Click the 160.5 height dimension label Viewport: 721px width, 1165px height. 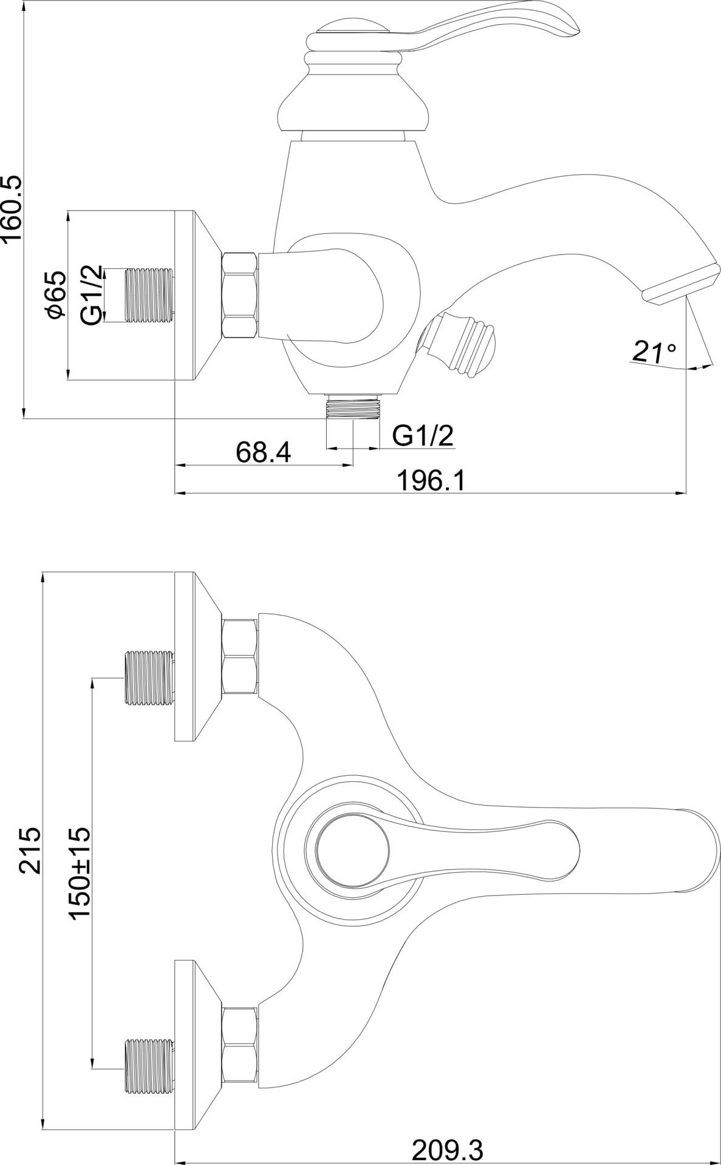(12, 209)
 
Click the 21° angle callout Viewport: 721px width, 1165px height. (654, 351)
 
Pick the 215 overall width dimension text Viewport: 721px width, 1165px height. (30, 849)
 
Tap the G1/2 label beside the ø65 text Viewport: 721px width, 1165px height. (91, 294)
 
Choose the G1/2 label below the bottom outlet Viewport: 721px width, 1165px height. (423, 435)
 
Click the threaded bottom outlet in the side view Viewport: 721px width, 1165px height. (353, 406)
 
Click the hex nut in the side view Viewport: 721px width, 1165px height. (241, 295)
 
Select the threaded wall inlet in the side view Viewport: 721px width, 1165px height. (149, 294)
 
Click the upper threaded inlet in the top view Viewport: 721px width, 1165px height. (149, 678)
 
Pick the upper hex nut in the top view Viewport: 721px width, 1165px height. (241, 656)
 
